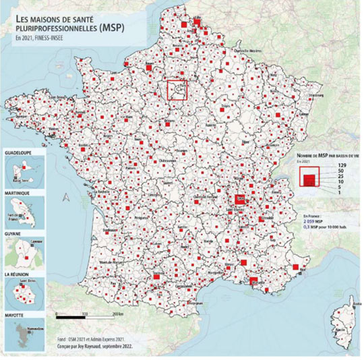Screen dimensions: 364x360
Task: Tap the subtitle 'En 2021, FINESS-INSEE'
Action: tap(40, 38)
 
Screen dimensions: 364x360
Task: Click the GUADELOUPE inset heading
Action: tap(20, 153)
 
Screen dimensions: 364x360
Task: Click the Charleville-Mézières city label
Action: tap(246, 51)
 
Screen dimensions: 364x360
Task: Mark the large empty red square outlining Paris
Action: tap(177, 90)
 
